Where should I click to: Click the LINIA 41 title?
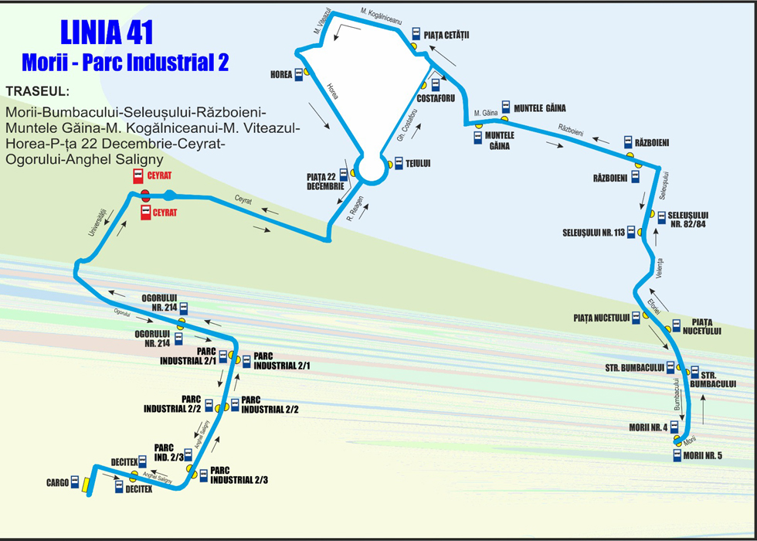(x=107, y=32)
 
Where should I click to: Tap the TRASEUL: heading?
(x=38, y=91)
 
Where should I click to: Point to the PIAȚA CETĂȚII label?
(x=446, y=35)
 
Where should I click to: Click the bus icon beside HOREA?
(x=299, y=75)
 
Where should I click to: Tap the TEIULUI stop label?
(x=418, y=164)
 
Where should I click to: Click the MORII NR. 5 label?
(x=703, y=455)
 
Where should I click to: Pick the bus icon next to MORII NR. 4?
(x=674, y=427)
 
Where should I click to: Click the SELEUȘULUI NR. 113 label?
(x=593, y=233)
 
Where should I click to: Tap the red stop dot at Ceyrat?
(x=145, y=196)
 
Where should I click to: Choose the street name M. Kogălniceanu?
(x=381, y=15)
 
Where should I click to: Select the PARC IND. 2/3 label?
(x=168, y=452)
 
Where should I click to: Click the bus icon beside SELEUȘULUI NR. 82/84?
(x=661, y=217)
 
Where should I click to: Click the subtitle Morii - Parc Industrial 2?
(x=125, y=63)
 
